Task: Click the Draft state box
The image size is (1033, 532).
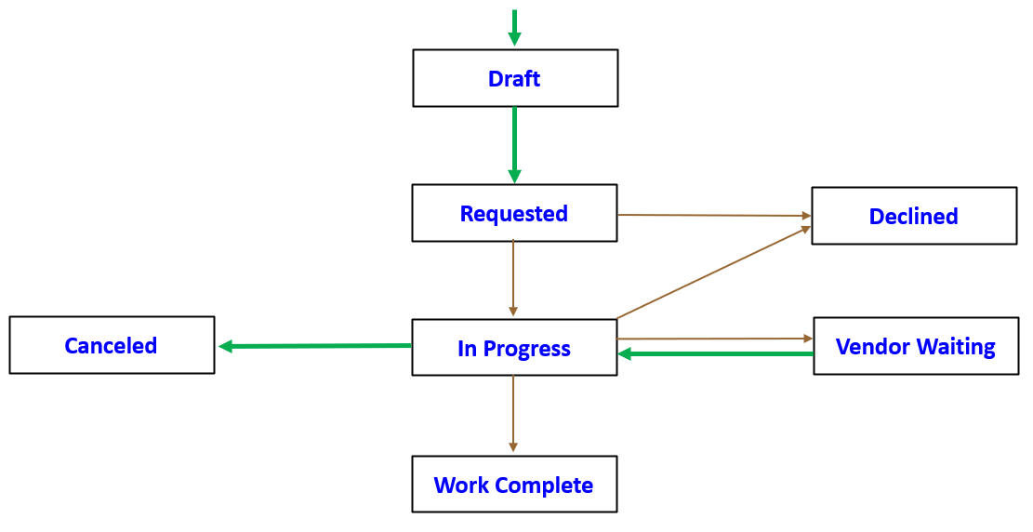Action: (514, 78)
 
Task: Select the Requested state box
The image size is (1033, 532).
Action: (514, 213)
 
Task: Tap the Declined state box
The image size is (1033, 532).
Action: (913, 216)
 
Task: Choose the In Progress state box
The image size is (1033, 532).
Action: (514, 348)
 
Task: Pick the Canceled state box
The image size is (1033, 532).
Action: (111, 345)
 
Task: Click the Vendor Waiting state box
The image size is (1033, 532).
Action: (915, 347)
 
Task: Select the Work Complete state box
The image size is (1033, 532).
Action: (514, 484)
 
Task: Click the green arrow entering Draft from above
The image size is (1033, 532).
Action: (514, 27)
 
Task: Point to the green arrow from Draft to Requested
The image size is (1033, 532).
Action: (514, 144)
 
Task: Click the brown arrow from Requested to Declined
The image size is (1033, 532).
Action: (713, 215)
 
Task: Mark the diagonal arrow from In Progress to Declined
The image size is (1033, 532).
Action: (713, 272)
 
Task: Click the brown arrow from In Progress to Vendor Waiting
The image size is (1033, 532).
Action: (714, 339)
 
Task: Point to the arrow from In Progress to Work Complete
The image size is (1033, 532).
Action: (513, 415)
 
